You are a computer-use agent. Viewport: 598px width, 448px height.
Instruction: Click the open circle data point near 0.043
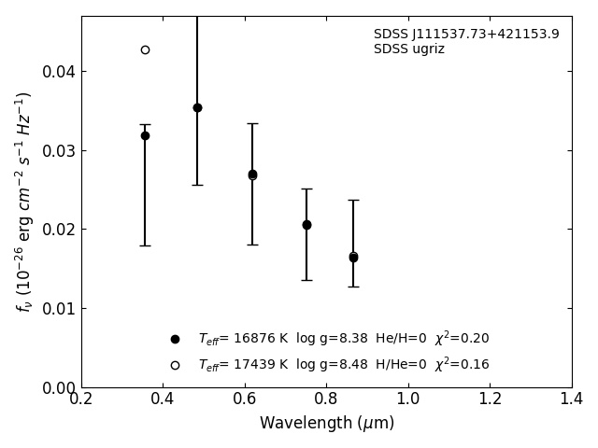pyautogui.click(x=145, y=49)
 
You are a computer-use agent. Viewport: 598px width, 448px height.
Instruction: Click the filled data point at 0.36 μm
pyautogui.click(x=145, y=135)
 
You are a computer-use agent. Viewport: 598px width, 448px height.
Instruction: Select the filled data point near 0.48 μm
pyautogui.click(x=197, y=107)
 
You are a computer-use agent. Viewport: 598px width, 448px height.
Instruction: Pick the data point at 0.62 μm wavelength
pyautogui.click(x=252, y=175)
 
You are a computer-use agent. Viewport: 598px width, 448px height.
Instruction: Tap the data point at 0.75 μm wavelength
pyautogui.click(x=306, y=225)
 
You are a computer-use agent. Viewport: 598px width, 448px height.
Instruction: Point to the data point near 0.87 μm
pyautogui.click(x=353, y=257)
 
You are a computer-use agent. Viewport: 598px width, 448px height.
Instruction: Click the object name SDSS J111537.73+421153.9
pyautogui.click(x=466, y=35)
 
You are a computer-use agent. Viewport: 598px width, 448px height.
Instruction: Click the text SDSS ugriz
pyautogui.click(x=409, y=49)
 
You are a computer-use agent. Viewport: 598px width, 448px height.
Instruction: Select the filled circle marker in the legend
pyautogui.click(x=175, y=339)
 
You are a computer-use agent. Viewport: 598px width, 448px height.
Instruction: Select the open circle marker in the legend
pyautogui.click(x=175, y=365)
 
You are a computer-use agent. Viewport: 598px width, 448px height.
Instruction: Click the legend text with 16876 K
pyautogui.click(x=343, y=339)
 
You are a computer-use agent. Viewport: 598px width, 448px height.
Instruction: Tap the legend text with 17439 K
pyautogui.click(x=343, y=365)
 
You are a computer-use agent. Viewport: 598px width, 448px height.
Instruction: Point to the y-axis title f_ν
pyautogui.click(x=24, y=201)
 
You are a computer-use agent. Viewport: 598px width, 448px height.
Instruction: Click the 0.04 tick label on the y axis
pyautogui.click(x=57, y=72)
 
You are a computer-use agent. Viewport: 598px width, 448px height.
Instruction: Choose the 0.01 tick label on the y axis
pyautogui.click(x=57, y=309)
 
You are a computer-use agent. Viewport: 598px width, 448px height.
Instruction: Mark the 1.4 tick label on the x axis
pyautogui.click(x=571, y=399)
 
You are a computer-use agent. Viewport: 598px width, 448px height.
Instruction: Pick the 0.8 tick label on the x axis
pyautogui.click(x=326, y=399)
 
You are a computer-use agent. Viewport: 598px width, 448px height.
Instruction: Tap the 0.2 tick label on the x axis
pyautogui.click(x=81, y=399)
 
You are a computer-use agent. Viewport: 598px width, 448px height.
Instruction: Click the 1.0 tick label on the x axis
pyautogui.click(x=407, y=399)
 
